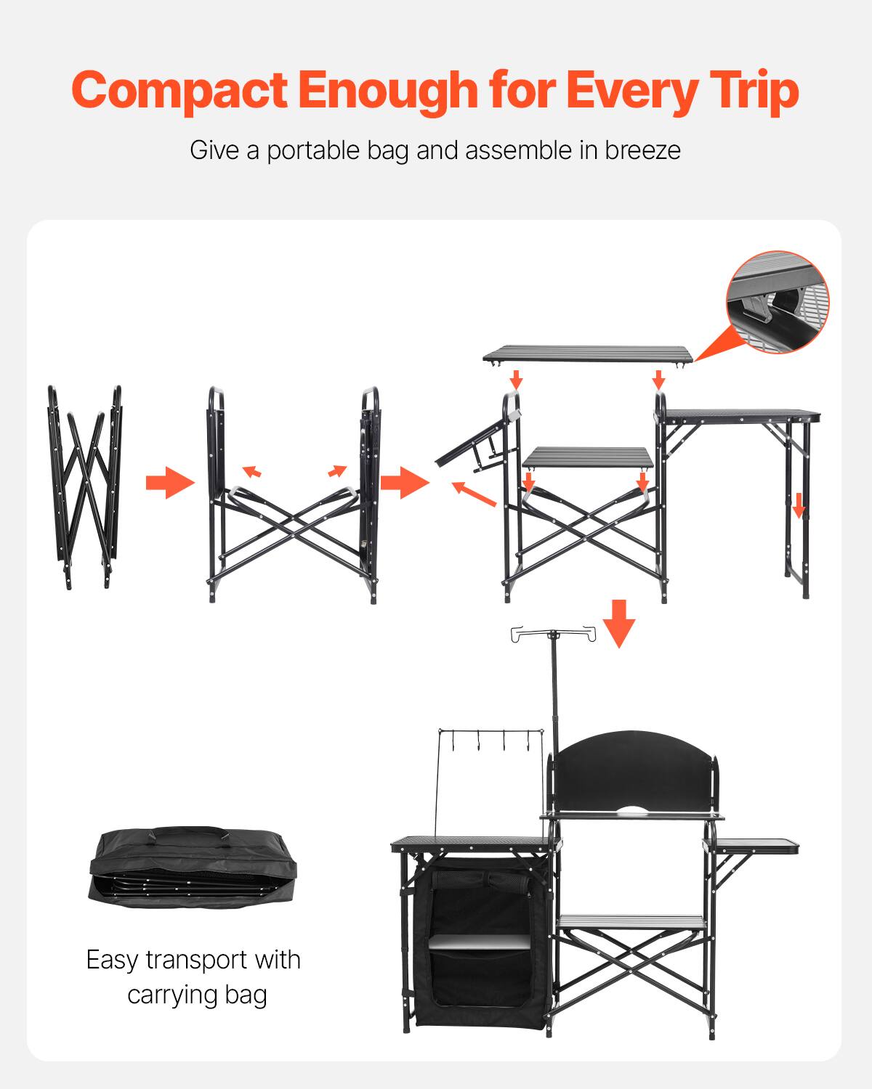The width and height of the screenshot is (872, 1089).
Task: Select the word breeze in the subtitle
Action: [642, 150]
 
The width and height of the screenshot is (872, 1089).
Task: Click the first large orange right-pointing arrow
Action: [170, 483]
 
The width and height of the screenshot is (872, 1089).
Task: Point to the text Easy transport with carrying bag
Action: [194, 976]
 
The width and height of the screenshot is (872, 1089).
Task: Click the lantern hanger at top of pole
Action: [554, 634]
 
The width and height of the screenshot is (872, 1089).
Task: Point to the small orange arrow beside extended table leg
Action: [799, 506]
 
